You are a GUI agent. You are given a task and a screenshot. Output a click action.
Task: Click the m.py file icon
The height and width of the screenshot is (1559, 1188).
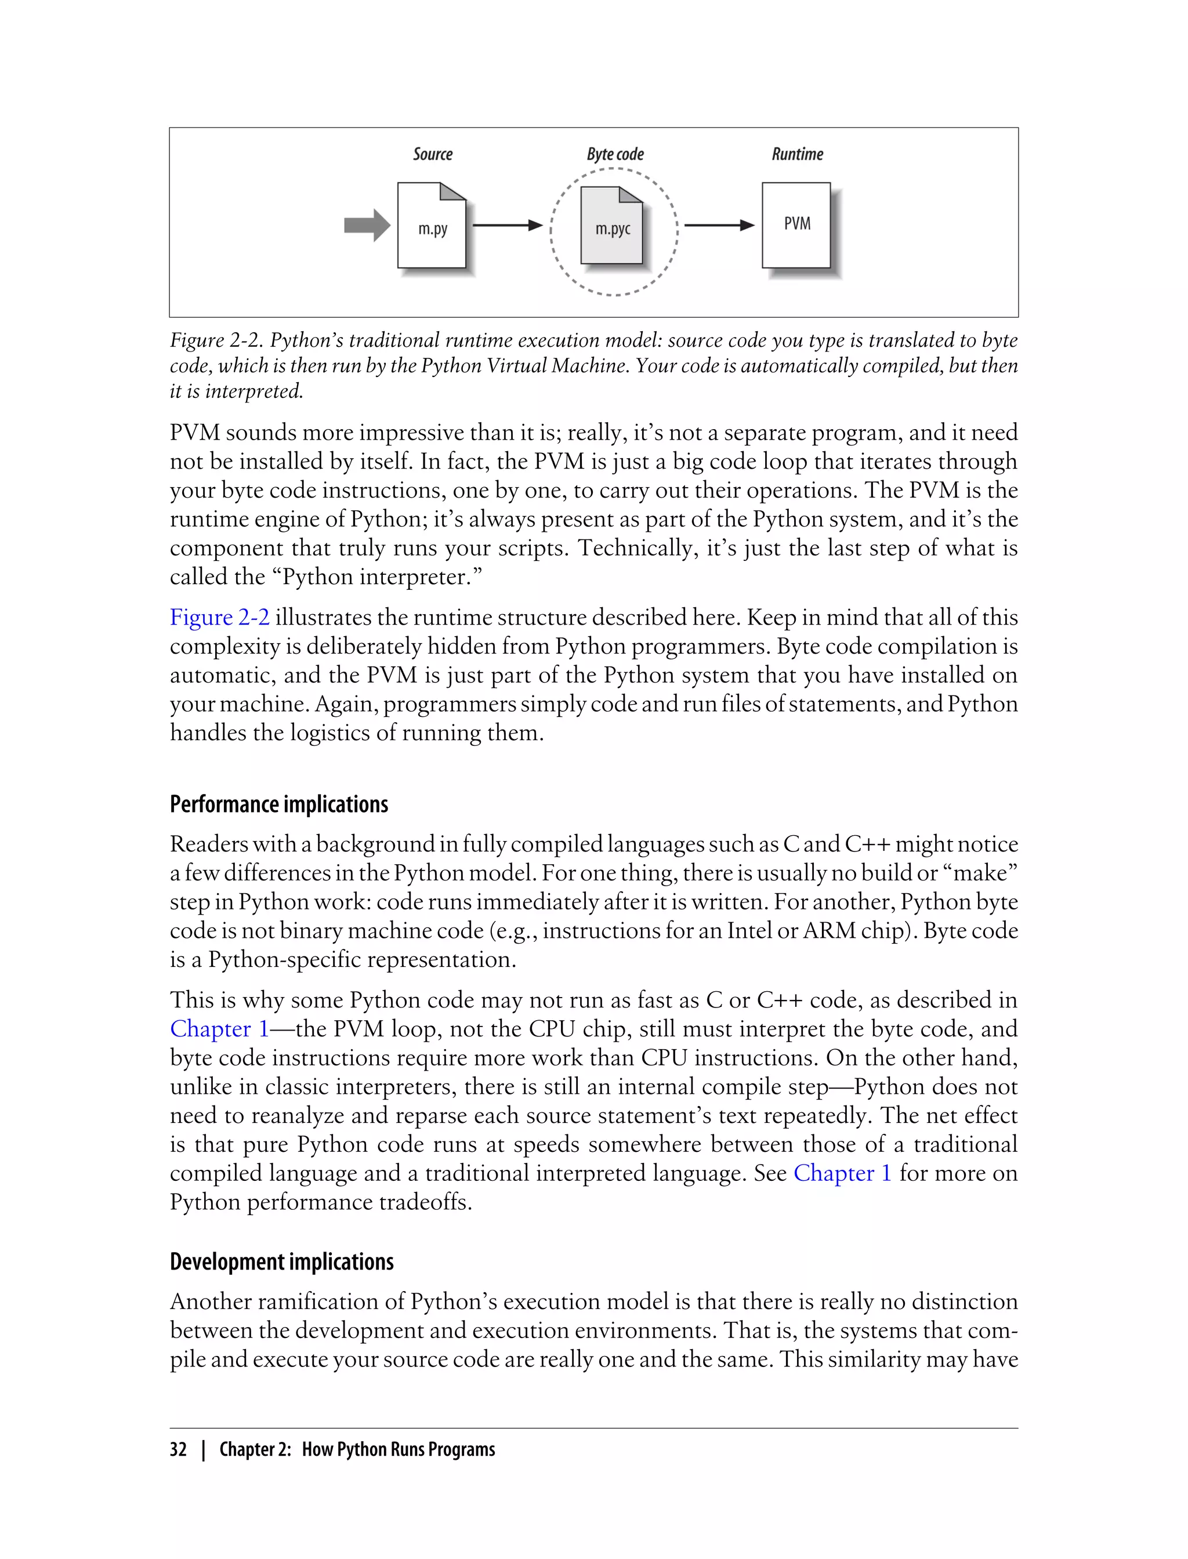[432, 226]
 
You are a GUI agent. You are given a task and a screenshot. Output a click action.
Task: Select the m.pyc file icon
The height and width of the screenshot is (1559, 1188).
[611, 226]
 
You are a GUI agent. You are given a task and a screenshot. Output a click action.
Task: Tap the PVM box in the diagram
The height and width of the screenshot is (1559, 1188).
[796, 225]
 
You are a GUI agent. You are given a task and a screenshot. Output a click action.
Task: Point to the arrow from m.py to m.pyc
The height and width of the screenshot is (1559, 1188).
[507, 226]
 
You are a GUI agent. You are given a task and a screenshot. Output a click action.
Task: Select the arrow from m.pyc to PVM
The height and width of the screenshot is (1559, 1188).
[719, 226]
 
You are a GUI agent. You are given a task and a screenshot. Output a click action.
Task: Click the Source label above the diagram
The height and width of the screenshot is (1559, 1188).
[433, 154]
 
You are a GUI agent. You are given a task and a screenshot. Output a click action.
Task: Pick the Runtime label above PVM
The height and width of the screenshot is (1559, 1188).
[797, 154]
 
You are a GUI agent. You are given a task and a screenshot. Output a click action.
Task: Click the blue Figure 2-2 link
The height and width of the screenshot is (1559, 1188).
[219, 617]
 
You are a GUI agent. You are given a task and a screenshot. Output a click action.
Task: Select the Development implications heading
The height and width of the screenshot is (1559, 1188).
[281, 1261]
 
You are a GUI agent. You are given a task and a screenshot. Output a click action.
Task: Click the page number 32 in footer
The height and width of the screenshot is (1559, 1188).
[178, 1449]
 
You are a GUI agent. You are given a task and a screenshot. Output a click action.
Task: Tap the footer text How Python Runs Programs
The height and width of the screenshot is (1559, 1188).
[398, 1449]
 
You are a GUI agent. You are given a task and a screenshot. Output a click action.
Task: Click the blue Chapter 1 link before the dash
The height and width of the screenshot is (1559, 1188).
[219, 1029]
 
